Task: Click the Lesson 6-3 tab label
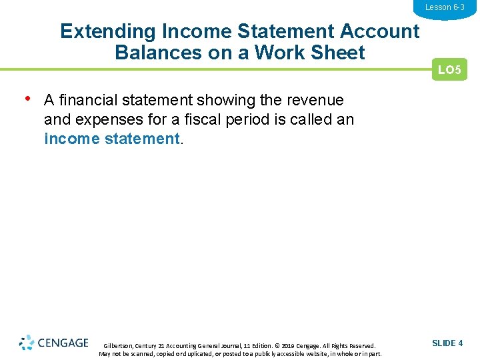[x=445, y=7]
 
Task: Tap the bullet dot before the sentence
[x=27, y=99]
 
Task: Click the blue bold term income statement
[x=111, y=139]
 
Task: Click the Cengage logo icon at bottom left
[x=27, y=343]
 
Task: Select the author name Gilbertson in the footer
[x=118, y=346]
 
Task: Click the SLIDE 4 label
[x=447, y=343]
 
